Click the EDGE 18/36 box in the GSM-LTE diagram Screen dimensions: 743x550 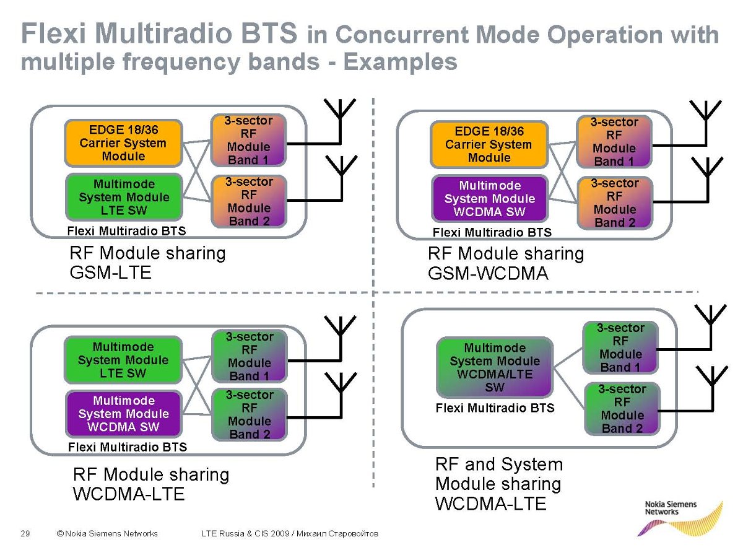[x=123, y=143]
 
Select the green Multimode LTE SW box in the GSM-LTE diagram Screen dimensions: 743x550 [x=124, y=197]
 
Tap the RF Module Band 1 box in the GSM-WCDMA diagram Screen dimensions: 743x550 [x=614, y=142]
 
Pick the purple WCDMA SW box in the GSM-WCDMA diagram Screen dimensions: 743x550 [x=489, y=198]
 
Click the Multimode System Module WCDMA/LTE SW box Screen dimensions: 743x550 [x=495, y=367]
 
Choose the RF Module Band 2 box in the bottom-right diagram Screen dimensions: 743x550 [x=622, y=409]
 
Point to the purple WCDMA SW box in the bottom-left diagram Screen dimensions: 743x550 [x=124, y=414]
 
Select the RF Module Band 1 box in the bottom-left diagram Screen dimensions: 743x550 [x=250, y=356]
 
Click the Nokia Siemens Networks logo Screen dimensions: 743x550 [x=679, y=518]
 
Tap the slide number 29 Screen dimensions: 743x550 [x=25, y=533]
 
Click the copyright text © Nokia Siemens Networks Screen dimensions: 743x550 [x=107, y=533]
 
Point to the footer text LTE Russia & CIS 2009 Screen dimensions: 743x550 [x=246, y=533]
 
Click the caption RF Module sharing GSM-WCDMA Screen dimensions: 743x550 [x=506, y=263]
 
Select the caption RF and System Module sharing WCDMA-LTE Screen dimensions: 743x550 [x=499, y=483]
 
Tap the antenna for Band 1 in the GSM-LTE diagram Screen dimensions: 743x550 [x=340, y=121]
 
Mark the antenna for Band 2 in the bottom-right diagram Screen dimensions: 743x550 [x=711, y=388]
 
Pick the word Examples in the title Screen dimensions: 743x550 [x=401, y=62]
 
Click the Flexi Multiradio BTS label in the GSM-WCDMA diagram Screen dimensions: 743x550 [x=492, y=232]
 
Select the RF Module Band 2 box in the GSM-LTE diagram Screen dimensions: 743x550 [x=249, y=201]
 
